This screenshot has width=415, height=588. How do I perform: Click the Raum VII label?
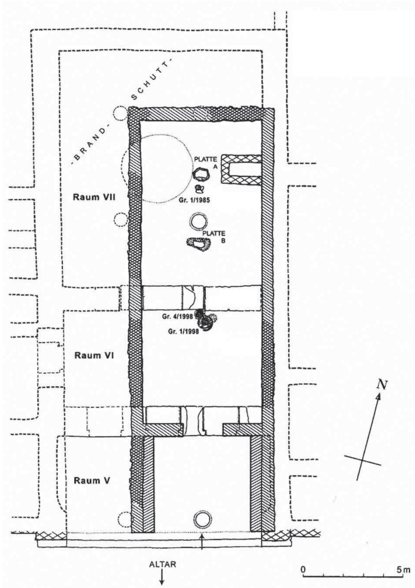94,198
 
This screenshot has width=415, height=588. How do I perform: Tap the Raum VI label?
94,355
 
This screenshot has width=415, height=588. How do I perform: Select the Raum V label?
92,481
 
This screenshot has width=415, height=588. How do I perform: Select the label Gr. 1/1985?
194,200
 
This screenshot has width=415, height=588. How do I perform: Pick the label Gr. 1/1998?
184,331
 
